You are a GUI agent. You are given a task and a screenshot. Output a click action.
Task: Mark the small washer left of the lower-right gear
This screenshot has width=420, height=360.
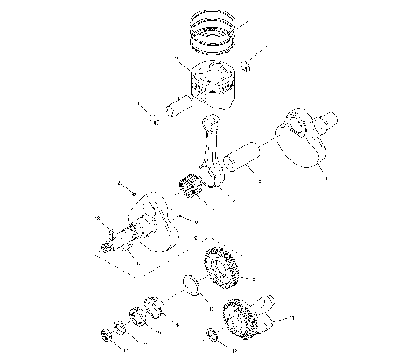(213, 333)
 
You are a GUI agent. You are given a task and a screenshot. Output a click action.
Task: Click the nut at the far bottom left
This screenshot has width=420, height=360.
(107, 335)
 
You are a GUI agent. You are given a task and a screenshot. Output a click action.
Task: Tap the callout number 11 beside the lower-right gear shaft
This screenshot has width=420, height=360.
(291, 318)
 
